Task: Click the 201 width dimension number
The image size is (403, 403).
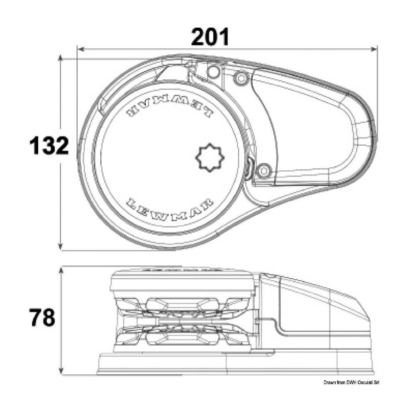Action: pyautogui.click(x=210, y=37)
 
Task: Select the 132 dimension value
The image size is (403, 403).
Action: pyautogui.click(x=49, y=146)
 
